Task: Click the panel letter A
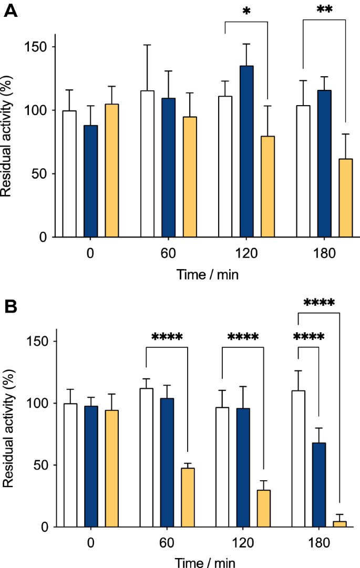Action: pos(11,11)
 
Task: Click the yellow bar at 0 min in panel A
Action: pos(111,170)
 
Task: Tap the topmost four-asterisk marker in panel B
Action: pos(318,304)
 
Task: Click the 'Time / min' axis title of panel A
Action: pos(207,275)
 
